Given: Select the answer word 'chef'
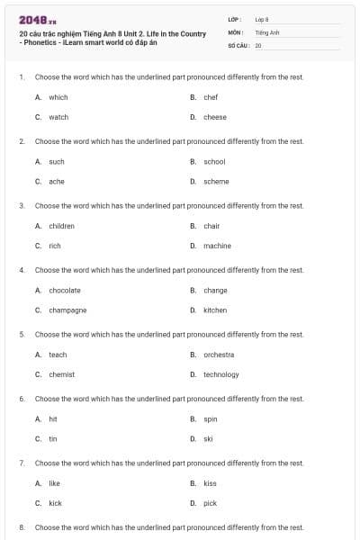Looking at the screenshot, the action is (211, 97).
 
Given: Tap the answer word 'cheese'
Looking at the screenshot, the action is (214, 117).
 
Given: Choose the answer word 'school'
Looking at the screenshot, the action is (214, 161).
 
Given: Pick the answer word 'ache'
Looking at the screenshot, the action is (56, 181).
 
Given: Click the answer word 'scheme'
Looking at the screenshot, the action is (216, 181).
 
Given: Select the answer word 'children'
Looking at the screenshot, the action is (61, 226).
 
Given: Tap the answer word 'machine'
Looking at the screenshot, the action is (217, 246).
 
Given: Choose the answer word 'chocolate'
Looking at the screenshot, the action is (64, 290).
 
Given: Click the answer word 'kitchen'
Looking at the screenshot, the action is (215, 310).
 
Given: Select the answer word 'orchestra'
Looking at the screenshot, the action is (219, 355).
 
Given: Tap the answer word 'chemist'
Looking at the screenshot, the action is (61, 374).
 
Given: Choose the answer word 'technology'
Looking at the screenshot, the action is (221, 374).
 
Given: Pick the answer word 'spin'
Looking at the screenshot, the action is (211, 418).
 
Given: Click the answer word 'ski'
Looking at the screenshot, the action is (208, 438).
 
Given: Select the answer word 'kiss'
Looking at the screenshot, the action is (210, 483).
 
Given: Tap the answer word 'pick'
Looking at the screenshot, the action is (210, 503).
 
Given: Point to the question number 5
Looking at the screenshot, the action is (21, 334).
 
